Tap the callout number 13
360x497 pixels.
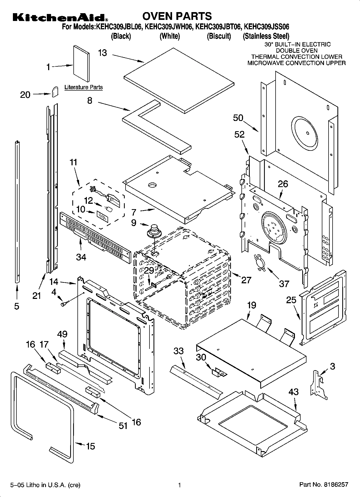point(102,53)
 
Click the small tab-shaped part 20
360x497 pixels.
point(55,92)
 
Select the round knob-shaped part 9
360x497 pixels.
point(154,231)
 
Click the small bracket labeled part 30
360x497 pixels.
point(219,372)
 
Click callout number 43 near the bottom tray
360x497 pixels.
point(293,392)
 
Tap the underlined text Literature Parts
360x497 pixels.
point(84,87)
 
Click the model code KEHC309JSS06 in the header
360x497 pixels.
point(266,27)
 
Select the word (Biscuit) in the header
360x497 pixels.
point(219,36)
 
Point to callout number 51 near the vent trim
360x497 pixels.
point(123,426)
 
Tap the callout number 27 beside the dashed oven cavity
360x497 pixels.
point(246,280)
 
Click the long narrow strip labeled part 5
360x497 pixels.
point(17,212)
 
